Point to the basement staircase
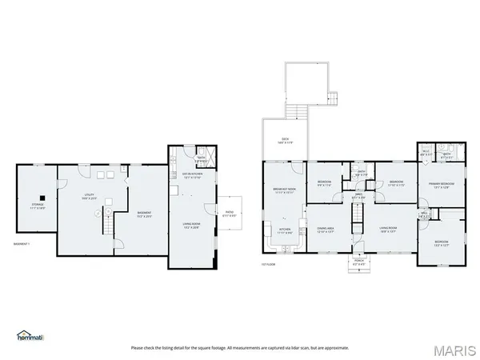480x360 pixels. click(x=104, y=225)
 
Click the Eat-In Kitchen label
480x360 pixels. click(x=191, y=175)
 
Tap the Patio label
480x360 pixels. click(x=229, y=213)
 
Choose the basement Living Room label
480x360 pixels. click(x=191, y=225)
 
